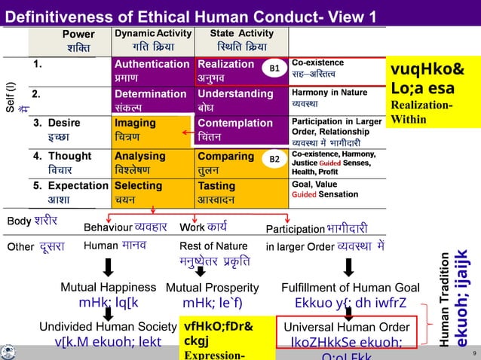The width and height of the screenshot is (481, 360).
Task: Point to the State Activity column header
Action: click(240, 41)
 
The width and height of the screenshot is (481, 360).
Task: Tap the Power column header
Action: click(79, 41)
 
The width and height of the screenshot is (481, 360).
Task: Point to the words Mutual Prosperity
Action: click(212, 287)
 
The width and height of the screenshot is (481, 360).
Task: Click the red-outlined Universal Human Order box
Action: click(348, 335)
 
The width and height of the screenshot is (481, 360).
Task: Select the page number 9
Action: click(472, 352)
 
